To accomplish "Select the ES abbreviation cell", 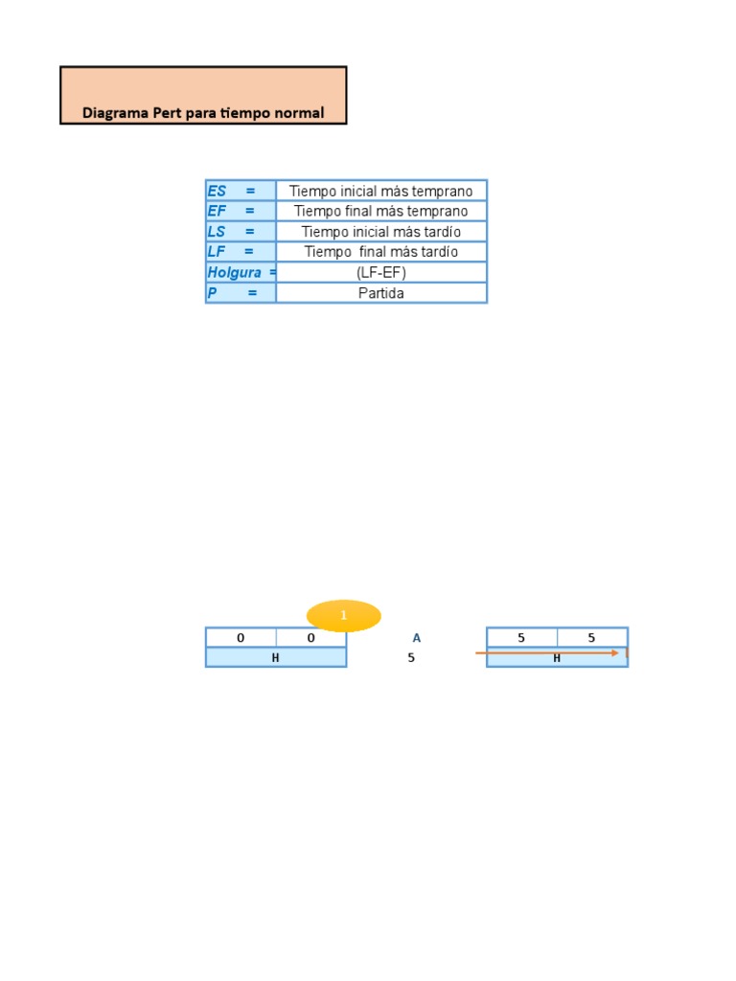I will (x=241, y=191).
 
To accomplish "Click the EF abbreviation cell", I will (x=241, y=211).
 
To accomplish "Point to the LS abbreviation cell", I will (x=241, y=231).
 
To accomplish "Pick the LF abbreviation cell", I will (x=241, y=251).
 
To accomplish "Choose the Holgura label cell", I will (x=241, y=272).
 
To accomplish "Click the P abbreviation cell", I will (x=241, y=293).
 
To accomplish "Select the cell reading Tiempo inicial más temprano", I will (x=381, y=191).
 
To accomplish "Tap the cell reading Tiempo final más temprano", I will (x=381, y=211).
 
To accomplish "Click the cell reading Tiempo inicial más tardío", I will (x=381, y=231).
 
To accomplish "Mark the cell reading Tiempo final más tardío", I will (x=381, y=251).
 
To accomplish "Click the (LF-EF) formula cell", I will (x=381, y=272).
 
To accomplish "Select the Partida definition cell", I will (x=381, y=293).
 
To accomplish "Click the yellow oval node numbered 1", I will (x=343, y=616).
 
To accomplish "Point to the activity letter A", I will (x=416, y=638).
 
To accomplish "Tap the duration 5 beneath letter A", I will (x=411, y=658).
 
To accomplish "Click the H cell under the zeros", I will (x=275, y=658).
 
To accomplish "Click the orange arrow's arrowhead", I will (x=614, y=652).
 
